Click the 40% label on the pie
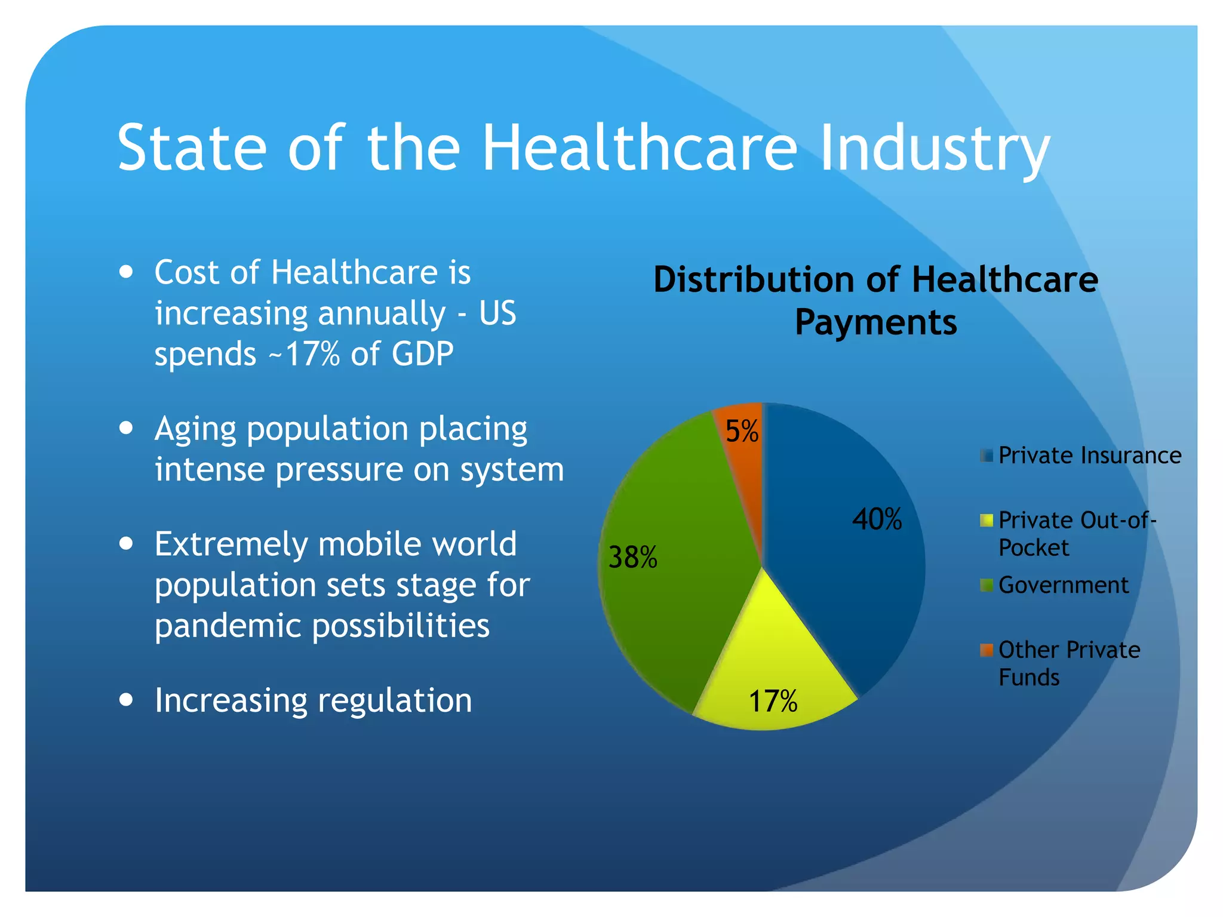(877, 519)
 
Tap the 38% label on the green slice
(632, 558)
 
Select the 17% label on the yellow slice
(773, 701)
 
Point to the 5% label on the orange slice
(742, 430)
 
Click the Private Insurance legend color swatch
(987, 456)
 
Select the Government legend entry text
(1064, 585)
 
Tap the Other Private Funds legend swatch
(987, 650)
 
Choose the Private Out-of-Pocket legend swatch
(987, 521)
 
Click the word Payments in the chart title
(875, 323)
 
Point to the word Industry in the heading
(935, 148)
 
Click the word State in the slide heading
(192, 148)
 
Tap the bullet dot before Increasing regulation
(126, 700)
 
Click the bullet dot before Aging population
(126, 428)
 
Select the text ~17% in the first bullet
(304, 353)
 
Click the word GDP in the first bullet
(422, 353)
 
